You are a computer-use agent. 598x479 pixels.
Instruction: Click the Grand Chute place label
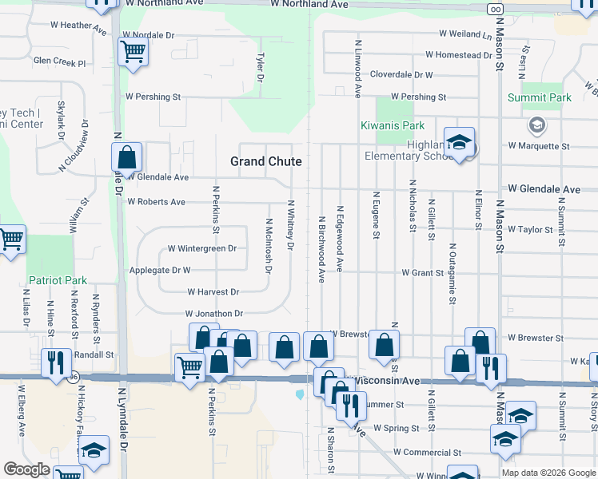pos(266,161)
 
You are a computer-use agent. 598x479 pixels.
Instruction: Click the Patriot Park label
pos(58,280)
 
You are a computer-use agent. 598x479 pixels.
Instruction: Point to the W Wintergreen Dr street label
pos(202,248)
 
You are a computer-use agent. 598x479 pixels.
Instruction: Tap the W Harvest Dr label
pos(213,293)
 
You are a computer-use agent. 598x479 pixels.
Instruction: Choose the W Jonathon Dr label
pos(213,314)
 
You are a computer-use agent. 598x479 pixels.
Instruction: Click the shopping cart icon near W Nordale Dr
pos(133,53)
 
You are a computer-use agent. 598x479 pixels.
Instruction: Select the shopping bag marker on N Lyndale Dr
pos(127,157)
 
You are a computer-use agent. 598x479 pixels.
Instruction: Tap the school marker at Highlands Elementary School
pos(459,143)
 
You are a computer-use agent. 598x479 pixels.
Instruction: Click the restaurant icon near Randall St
pos(56,362)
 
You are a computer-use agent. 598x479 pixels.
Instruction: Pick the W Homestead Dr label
pos(459,55)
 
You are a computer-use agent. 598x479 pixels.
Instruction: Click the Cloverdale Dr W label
pos(401,75)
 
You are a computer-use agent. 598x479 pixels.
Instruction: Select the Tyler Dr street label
pos(260,68)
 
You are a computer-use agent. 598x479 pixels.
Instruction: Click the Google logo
pos(26,469)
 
